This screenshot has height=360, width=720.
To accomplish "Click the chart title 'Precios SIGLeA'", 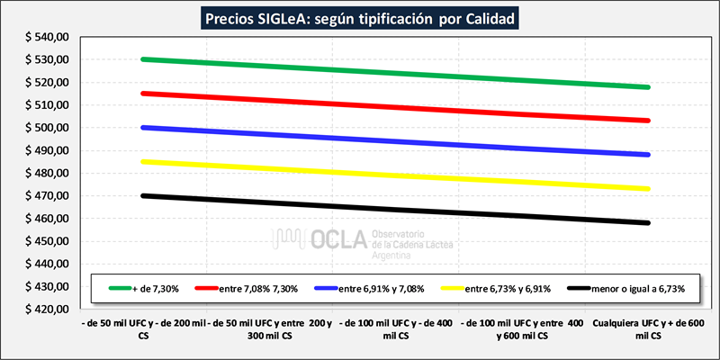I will pyautogui.click(x=360, y=18).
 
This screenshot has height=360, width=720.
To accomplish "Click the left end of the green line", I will pyautogui.click(x=143, y=59).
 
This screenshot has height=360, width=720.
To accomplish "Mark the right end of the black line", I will pyautogui.click(x=648, y=222).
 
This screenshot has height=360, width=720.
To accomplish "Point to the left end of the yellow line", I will pyautogui.click(x=143, y=162).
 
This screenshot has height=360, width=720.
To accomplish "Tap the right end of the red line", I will pyautogui.click(x=648, y=121).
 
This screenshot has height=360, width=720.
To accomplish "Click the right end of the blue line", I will pyautogui.click(x=648, y=155).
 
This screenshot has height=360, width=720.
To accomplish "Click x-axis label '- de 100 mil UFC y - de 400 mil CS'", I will pyautogui.click(x=395, y=328).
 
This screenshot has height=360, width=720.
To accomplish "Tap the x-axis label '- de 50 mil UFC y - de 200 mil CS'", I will pyautogui.click(x=143, y=328).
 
